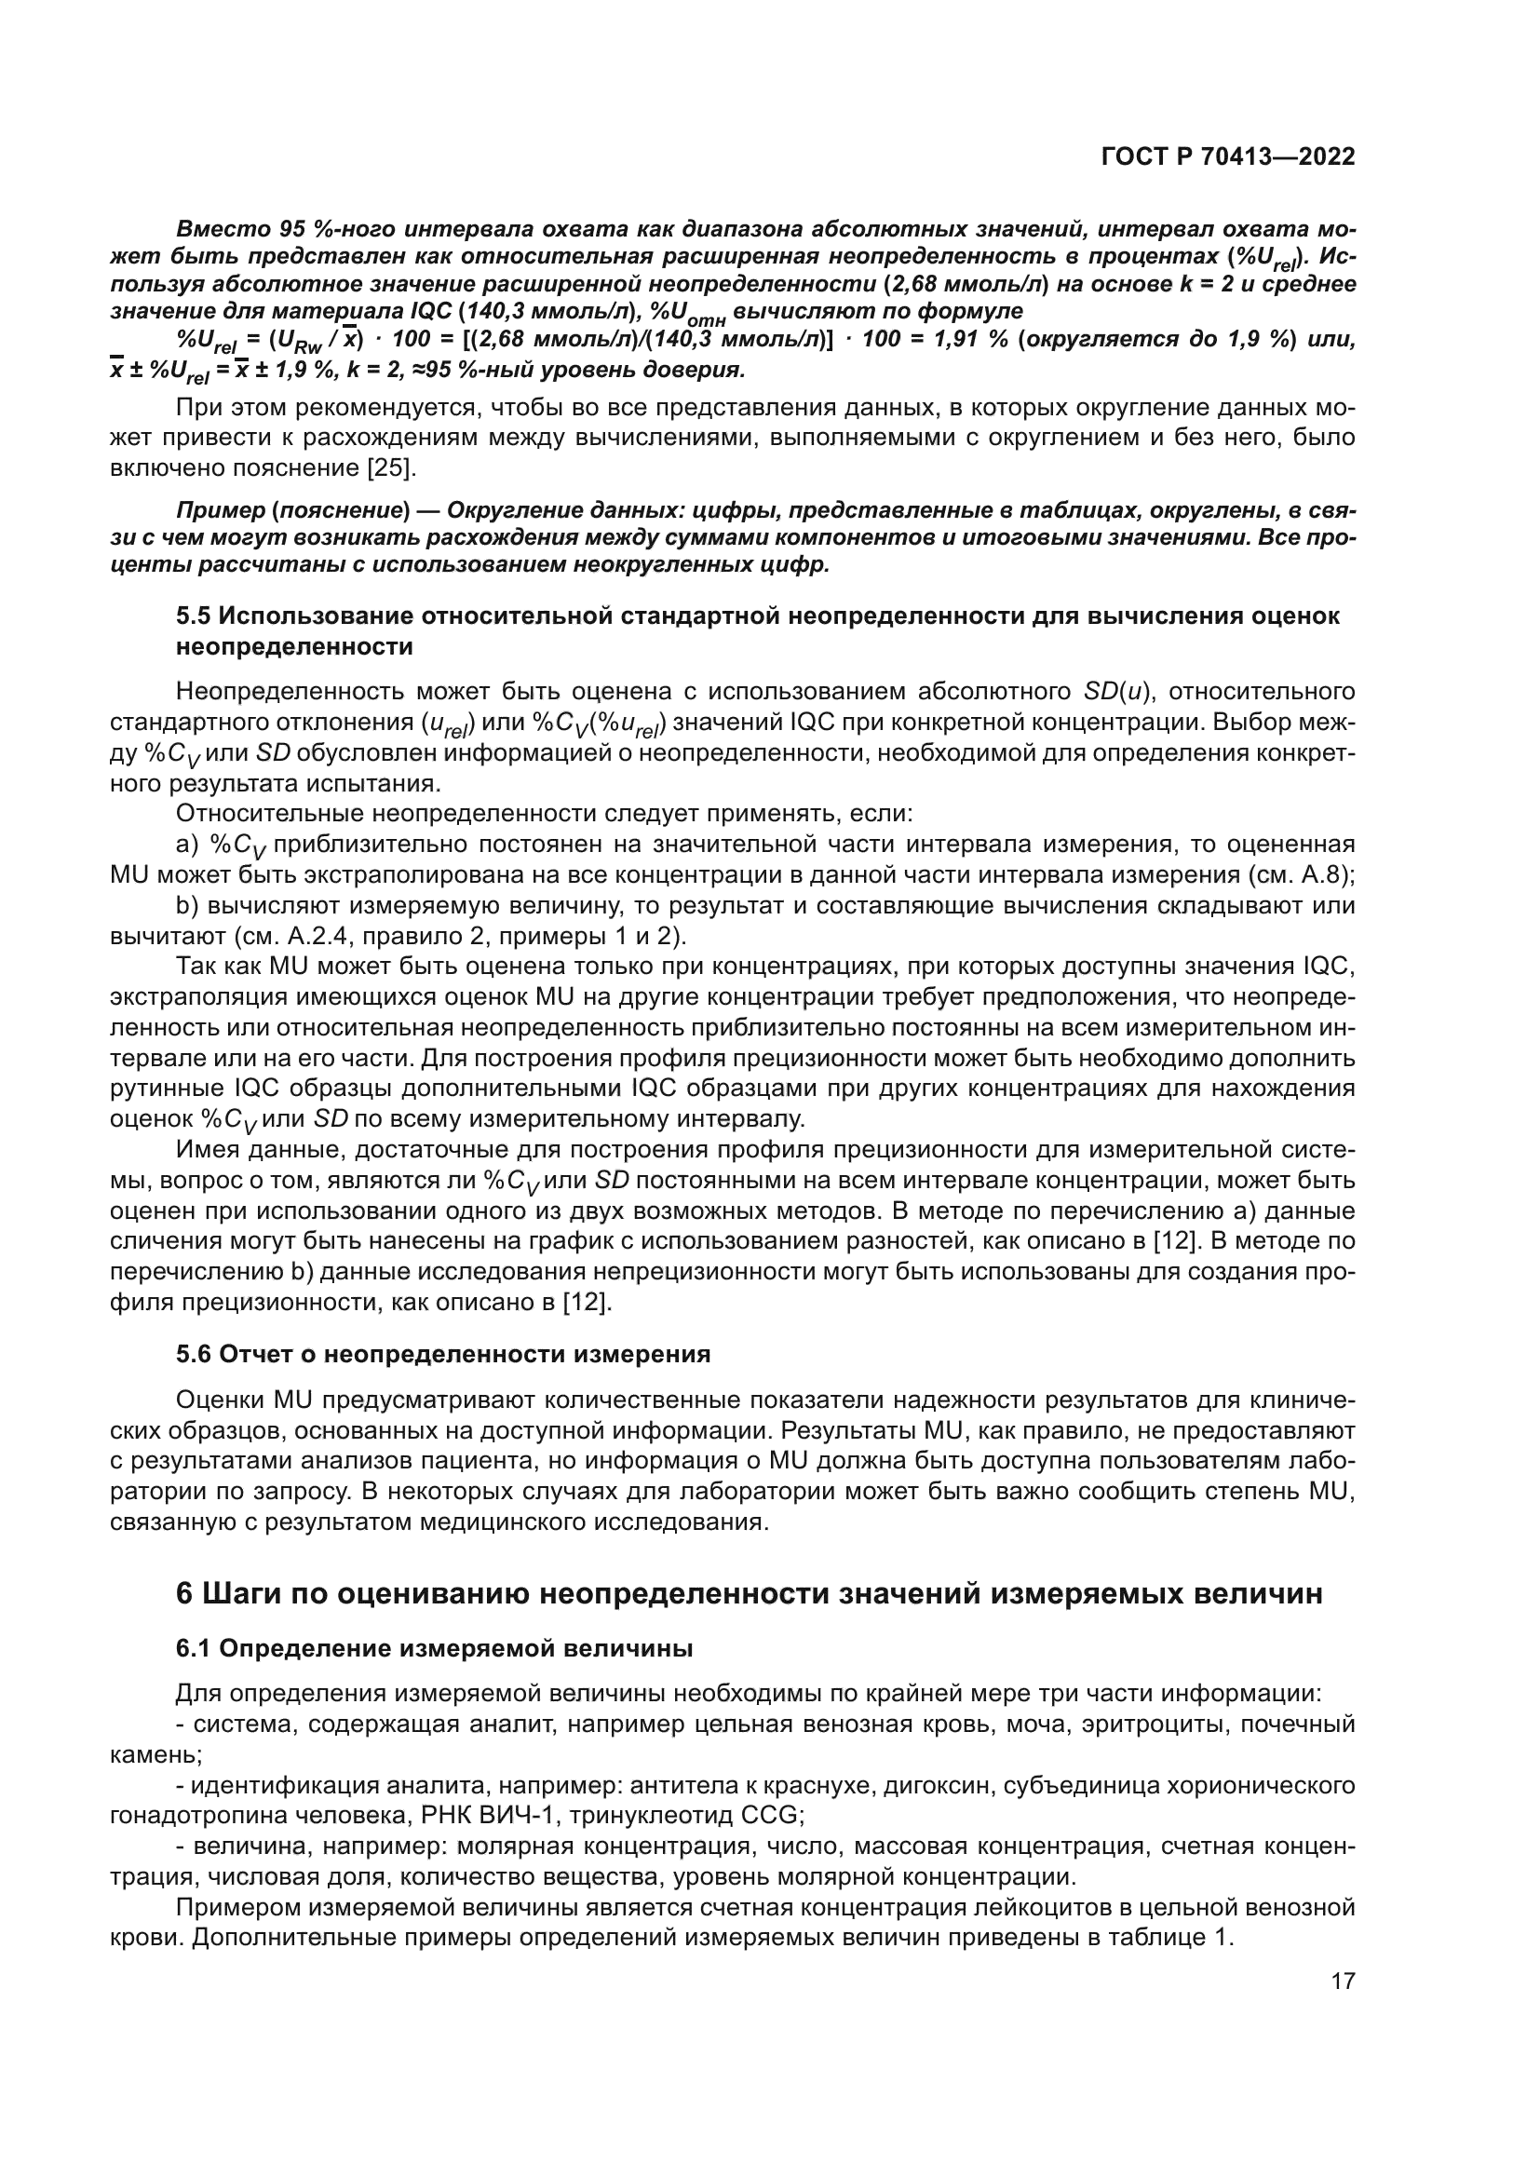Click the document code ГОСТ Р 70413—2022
pos(1228,156)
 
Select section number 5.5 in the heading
pos(195,616)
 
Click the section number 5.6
pos(195,1354)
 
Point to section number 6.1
pos(195,1649)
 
